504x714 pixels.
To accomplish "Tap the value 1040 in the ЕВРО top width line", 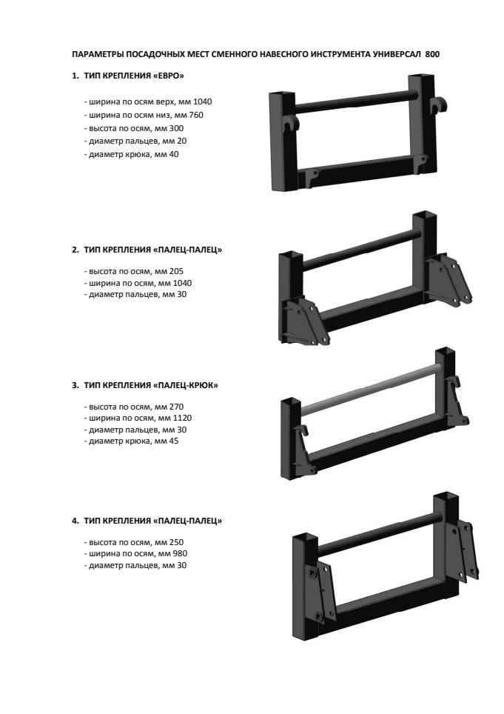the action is (203, 101).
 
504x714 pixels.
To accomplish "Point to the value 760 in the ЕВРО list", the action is (196, 115).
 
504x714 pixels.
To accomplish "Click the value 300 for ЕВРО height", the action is (176, 128).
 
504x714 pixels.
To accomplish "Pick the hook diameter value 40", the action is (173, 154).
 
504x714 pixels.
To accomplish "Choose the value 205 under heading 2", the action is (176, 271).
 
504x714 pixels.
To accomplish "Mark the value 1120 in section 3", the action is (182, 418).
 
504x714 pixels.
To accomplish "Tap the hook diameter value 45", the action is (173, 441).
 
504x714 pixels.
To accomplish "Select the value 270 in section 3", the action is (176, 407).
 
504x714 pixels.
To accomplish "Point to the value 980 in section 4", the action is (180, 554).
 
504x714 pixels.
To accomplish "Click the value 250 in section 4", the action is (176, 542).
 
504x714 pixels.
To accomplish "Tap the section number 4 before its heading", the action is (74, 521).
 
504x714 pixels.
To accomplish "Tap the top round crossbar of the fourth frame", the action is (380, 533).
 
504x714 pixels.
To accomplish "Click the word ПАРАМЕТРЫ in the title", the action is (98, 54).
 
